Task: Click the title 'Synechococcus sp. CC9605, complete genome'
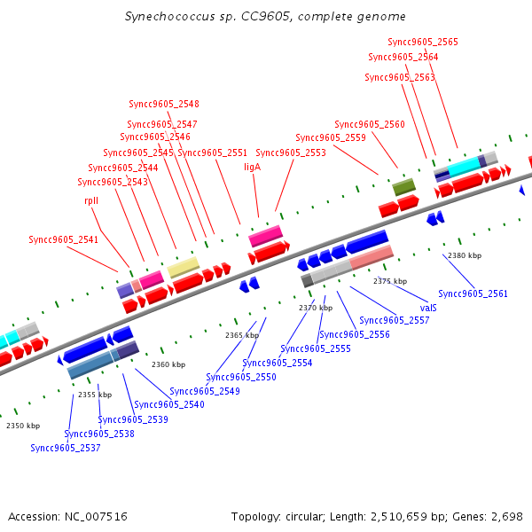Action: [x=266, y=17]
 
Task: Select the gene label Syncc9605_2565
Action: [x=423, y=42]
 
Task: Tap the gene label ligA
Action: [x=253, y=166]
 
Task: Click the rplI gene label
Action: [x=91, y=200]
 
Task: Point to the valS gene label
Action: [x=428, y=308]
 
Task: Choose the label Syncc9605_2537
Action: [x=66, y=448]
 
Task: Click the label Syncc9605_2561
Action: [x=473, y=293]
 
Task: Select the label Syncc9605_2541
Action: [x=64, y=239]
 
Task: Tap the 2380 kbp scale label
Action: [x=465, y=255]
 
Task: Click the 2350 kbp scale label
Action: [x=23, y=426]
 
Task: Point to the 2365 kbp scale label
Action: [x=240, y=335]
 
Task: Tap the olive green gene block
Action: [x=403, y=186]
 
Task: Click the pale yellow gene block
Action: [x=184, y=266]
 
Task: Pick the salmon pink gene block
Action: [x=372, y=258]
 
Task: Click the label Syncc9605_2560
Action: [x=370, y=124]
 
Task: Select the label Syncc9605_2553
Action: [x=291, y=153]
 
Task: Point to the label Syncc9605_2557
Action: [x=395, y=320]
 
